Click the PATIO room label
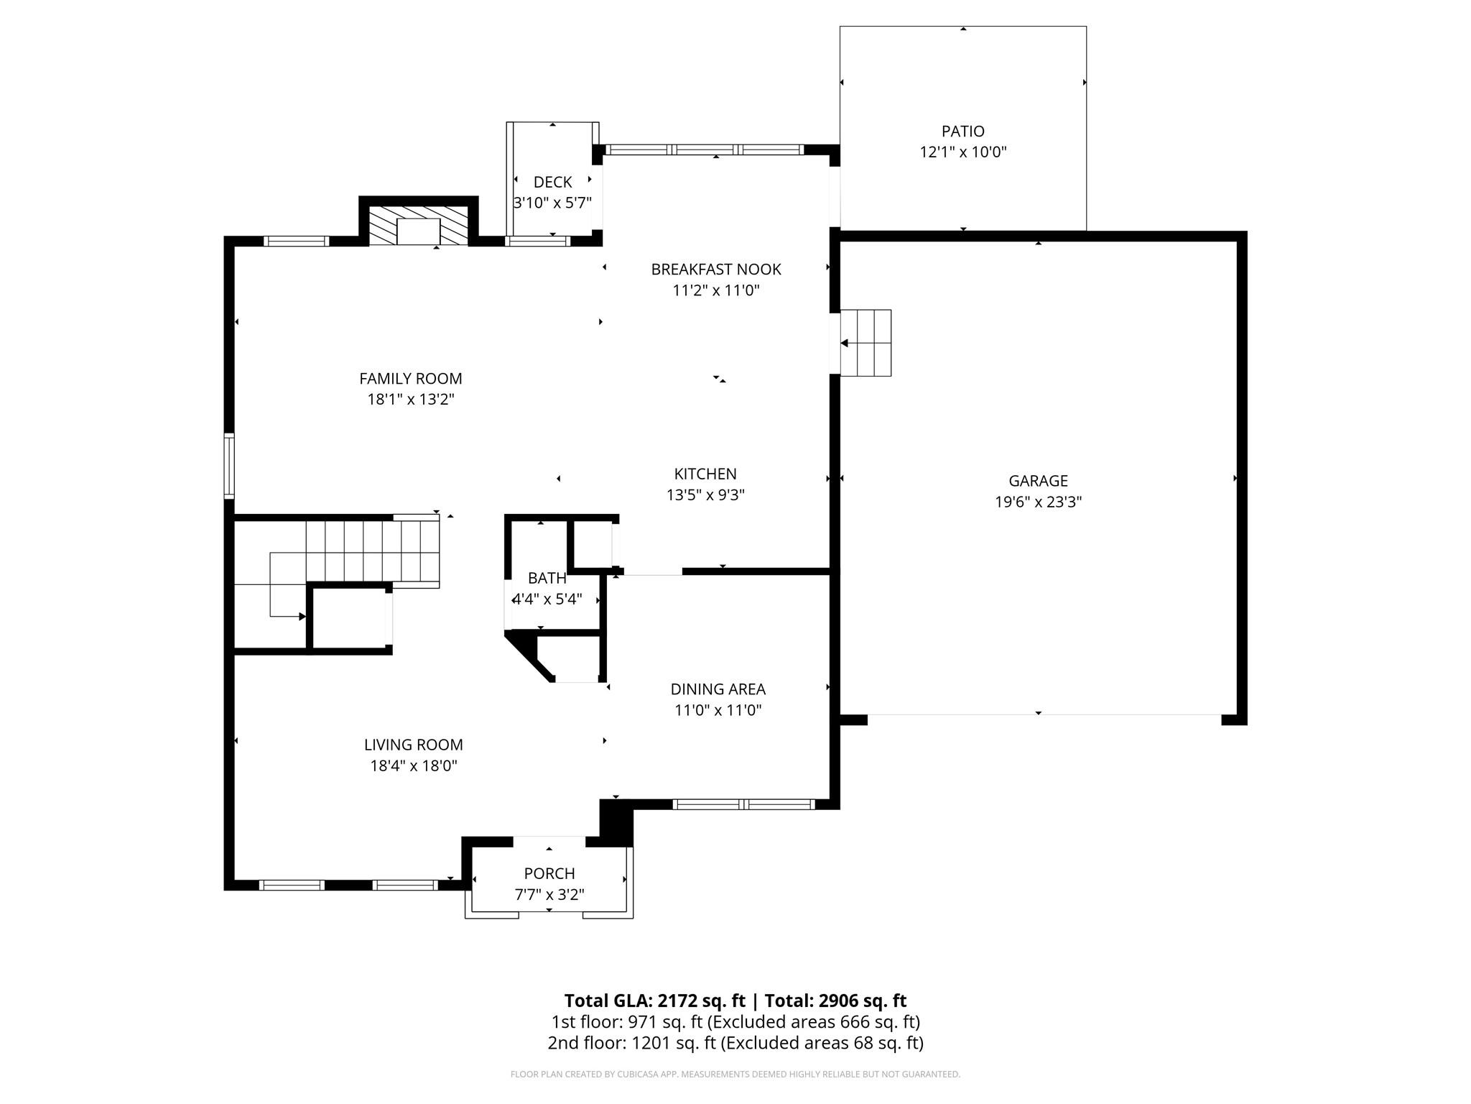[x=962, y=132]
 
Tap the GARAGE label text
[x=1038, y=481]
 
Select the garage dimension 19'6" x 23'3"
[x=1038, y=502]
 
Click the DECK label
[x=552, y=183]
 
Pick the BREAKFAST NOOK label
[x=716, y=270]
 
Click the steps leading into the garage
[x=866, y=343]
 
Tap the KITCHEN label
[x=705, y=474]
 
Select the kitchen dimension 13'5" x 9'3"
[x=705, y=495]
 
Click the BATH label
[x=547, y=578]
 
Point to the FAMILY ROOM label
[x=411, y=379]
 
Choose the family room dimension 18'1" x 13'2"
[x=411, y=400]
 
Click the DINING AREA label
[x=718, y=689]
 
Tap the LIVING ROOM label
[x=413, y=745]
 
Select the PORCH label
[x=549, y=874]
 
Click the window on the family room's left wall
[x=229, y=466]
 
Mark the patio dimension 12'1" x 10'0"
[x=963, y=152]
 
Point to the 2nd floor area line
[x=735, y=1043]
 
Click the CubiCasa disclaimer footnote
[x=735, y=1075]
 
